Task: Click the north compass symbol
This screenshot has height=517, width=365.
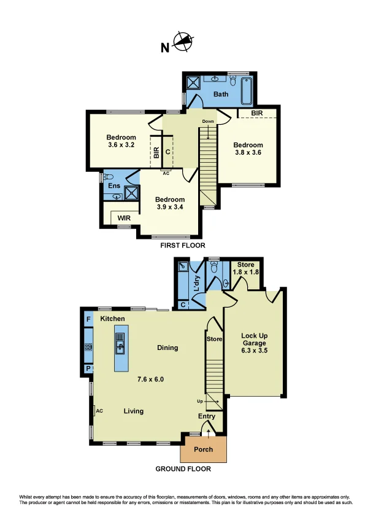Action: coord(183,42)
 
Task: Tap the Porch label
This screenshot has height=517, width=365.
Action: coord(203,449)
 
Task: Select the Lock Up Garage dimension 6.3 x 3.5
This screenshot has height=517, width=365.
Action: coord(255,351)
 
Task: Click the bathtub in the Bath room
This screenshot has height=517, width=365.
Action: coord(247,91)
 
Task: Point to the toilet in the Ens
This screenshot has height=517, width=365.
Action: coord(108,177)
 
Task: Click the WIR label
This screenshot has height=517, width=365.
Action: coord(124,218)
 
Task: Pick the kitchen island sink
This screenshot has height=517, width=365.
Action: coord(120,343)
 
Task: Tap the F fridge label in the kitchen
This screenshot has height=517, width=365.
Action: coord(88,319)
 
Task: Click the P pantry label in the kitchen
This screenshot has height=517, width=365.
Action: coord(88,368)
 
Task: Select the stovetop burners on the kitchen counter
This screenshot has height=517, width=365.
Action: coord(88,347)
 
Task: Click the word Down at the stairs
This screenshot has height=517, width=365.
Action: coord(208,122)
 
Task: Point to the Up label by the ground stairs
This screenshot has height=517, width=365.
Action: coord(199,402)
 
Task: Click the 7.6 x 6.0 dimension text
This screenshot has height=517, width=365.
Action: coord(150,379)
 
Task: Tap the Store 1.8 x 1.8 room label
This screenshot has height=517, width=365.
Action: coord(246,268)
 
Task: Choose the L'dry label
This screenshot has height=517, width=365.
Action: coord(197,283)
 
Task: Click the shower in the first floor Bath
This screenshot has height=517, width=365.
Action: coord(193,82)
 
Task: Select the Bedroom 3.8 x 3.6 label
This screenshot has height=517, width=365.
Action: coord(248,149)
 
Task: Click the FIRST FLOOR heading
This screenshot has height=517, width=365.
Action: coord(183,246)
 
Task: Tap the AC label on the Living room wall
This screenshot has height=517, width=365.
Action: coord(99,411)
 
